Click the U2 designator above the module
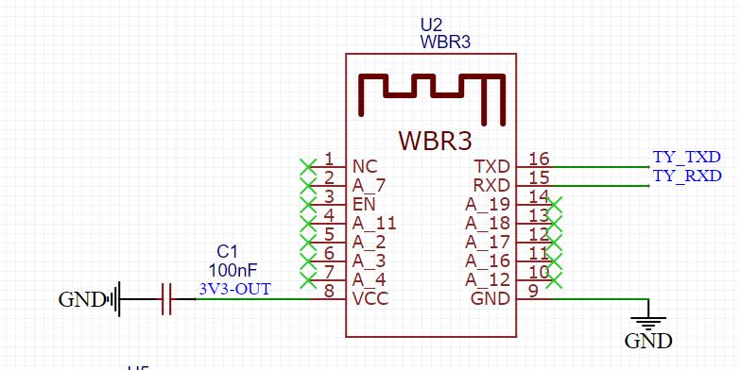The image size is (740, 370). (431, 25)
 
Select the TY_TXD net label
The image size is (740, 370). (686, 157)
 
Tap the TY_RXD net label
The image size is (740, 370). (686, 176)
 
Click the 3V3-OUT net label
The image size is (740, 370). (233, 289)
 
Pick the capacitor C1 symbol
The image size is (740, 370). (166, 300)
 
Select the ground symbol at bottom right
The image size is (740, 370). (648, 322)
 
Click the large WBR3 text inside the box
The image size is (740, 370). (434, 140)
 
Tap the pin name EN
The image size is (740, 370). (364, 204)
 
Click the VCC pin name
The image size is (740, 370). (370, 298)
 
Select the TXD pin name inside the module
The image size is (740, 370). (491, 166)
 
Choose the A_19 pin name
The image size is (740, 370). (488, 204)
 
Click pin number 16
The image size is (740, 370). (539, 159)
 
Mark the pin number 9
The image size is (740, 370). (534, 291)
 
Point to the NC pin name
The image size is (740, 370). (365, 166)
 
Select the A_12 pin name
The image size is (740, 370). (488, 279)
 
